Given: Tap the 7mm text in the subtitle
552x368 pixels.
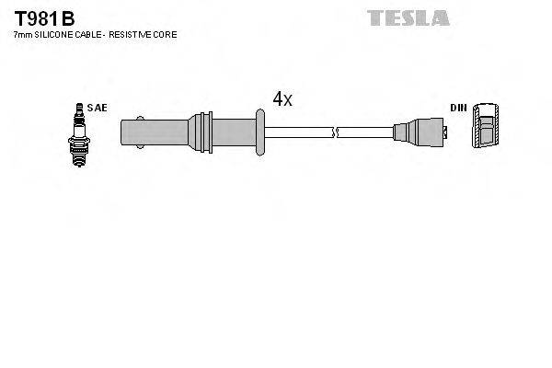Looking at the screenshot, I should [x=21, y=34].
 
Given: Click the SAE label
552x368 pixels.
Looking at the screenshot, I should [x=98, y=108].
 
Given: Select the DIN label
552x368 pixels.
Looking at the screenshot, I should [x=457, y=108].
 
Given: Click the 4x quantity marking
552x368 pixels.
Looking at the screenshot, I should [x=282, y=98].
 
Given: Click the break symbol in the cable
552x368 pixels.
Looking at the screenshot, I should [x=336, y=132].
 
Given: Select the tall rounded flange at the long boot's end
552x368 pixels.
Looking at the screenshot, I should [x=261, y=132].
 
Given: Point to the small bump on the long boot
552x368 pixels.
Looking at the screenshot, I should [x=138, y=116].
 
